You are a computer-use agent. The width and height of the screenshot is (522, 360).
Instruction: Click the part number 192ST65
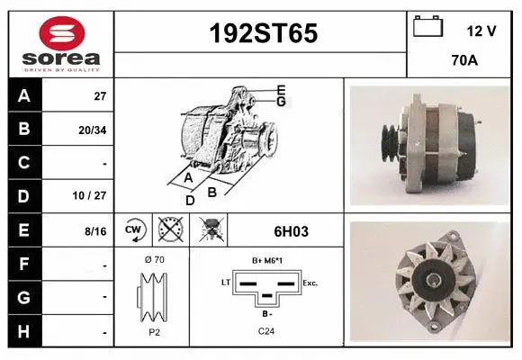click(263, 33)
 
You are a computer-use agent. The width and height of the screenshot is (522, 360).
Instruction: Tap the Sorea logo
click(60, 44)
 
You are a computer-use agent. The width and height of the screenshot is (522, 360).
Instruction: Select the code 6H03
click(290, 231)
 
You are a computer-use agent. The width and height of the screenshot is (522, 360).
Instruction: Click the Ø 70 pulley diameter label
click(153, 260)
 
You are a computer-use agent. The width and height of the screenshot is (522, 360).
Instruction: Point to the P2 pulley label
click(153, 332)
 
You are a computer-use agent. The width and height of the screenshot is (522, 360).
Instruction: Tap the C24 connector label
click(267, 332)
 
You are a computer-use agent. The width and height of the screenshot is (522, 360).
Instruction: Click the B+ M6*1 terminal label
click(267, 260)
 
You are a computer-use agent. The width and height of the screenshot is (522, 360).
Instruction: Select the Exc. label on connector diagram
click(310, 283)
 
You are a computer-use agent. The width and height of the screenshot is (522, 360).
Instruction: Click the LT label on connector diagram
click(226, 283)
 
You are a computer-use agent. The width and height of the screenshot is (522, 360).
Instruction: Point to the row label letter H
click(23, 331)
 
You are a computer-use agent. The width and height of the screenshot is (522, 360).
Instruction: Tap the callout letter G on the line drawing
click(281, 102)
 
